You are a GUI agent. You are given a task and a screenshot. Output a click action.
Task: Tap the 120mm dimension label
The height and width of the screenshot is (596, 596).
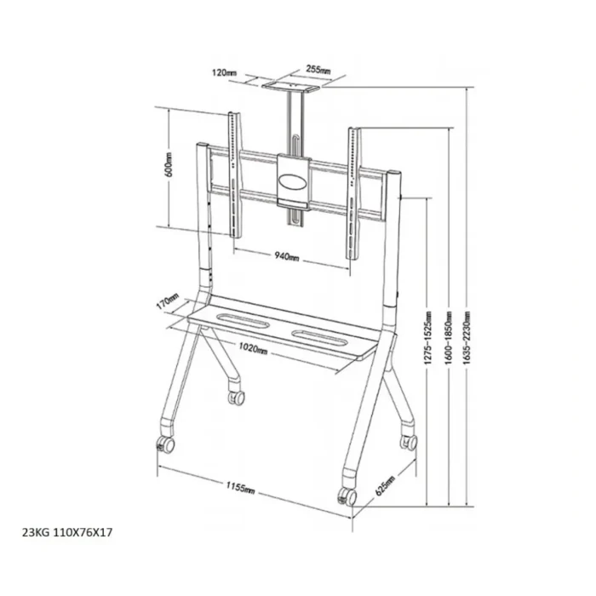[x=226, y=73]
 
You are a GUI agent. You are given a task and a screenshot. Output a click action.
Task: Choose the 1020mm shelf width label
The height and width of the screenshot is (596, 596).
[x=253, y=348]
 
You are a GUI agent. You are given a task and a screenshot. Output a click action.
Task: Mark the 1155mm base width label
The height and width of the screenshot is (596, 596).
[x=243, y=489]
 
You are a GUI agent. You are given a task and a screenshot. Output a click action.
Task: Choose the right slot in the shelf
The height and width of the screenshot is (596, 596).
[x=315, y=335]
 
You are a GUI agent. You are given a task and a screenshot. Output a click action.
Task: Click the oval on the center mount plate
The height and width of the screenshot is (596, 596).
[x=294, y=181]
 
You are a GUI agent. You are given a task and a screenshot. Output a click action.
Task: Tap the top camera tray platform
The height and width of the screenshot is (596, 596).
[x=295, y=83]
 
